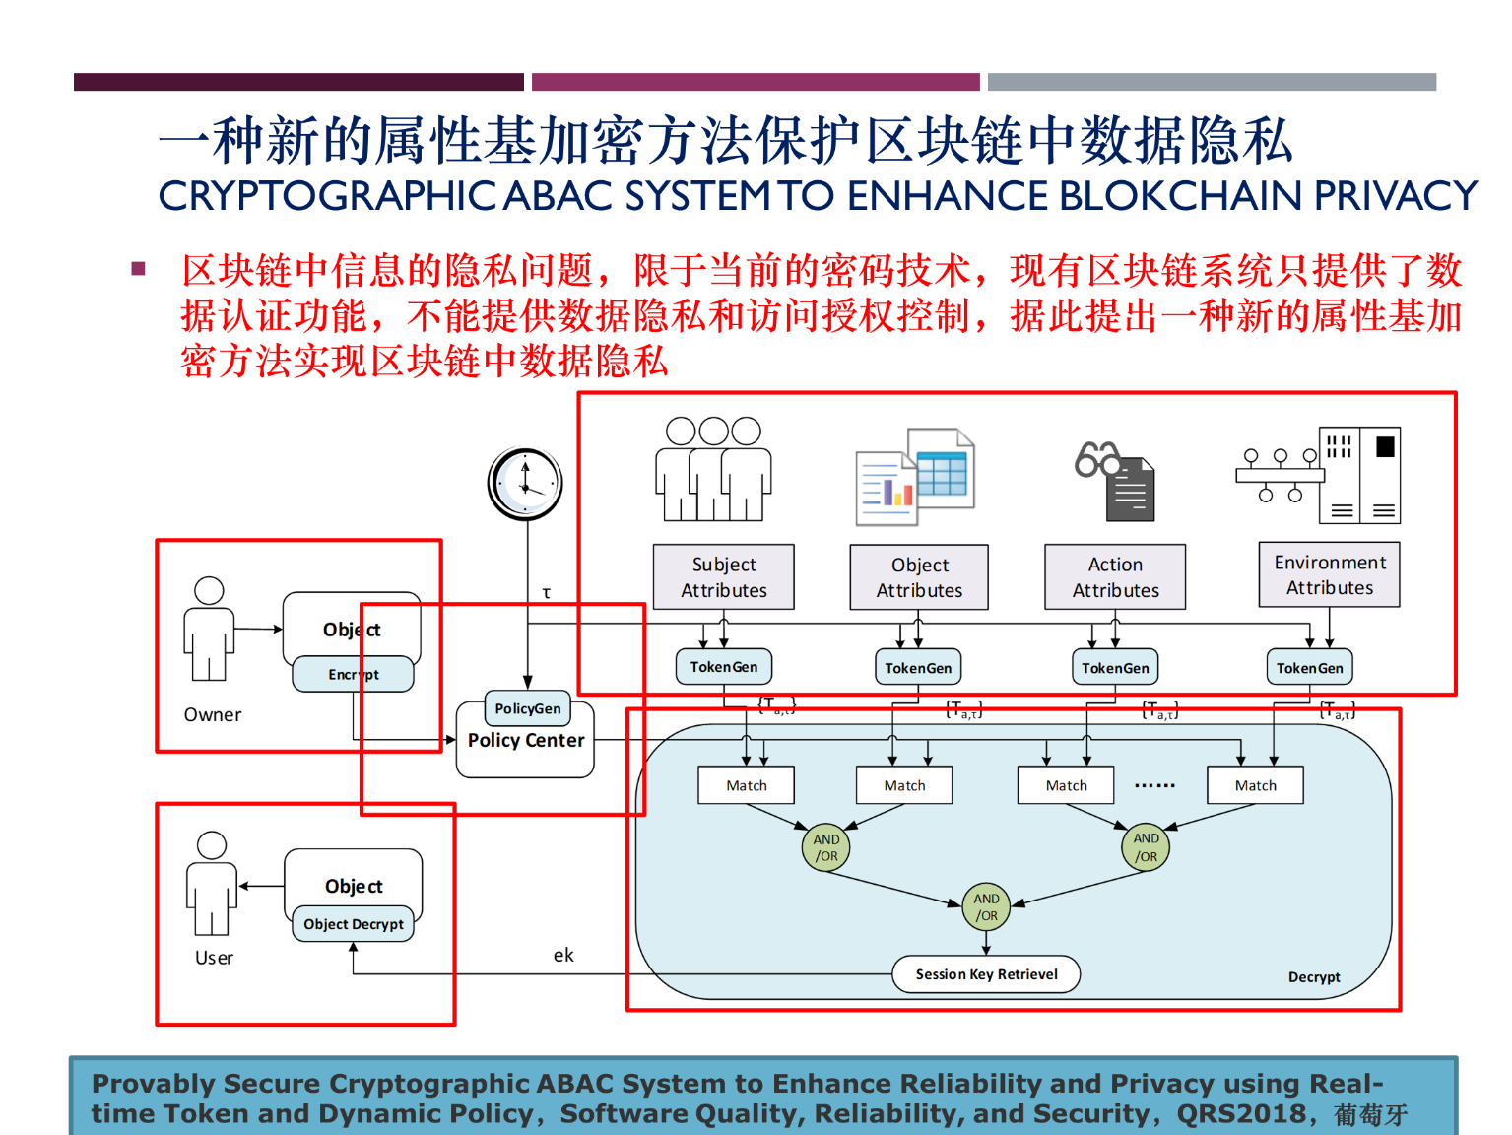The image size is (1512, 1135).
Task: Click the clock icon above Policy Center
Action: [x=525, y=484]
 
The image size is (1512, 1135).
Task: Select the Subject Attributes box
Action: [x=723, y=577]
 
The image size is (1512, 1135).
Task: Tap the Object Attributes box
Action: [x=919, y=577]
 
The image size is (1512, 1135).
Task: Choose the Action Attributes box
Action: [x=1115, y=577]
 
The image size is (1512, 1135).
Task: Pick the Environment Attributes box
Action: [x=1329, y=575]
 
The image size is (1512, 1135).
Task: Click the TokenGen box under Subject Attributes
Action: [x=723, y=667]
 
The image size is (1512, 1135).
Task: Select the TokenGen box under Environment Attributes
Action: [x=1309, y=668]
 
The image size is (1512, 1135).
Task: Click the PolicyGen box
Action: [x=527, y=708]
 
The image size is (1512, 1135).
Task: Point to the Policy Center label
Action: [x=526, y=741]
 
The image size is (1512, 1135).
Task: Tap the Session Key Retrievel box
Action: [x=986, y=974]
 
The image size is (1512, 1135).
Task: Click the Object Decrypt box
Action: [x=354, y=924]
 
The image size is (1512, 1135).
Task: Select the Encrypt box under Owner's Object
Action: [x=353, y=675]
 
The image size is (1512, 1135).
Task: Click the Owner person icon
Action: [x=209, y=630]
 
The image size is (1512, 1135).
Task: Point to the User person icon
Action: [x=212, y=884]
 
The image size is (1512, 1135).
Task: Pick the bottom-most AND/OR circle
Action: [x=986, y=907]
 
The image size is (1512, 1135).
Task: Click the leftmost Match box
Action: [x=746, y=785]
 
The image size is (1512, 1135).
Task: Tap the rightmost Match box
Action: [x=1255, y=785]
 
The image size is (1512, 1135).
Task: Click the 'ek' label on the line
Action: [x=563, y=955]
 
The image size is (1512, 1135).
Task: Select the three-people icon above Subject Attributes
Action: [x=713, y=469]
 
